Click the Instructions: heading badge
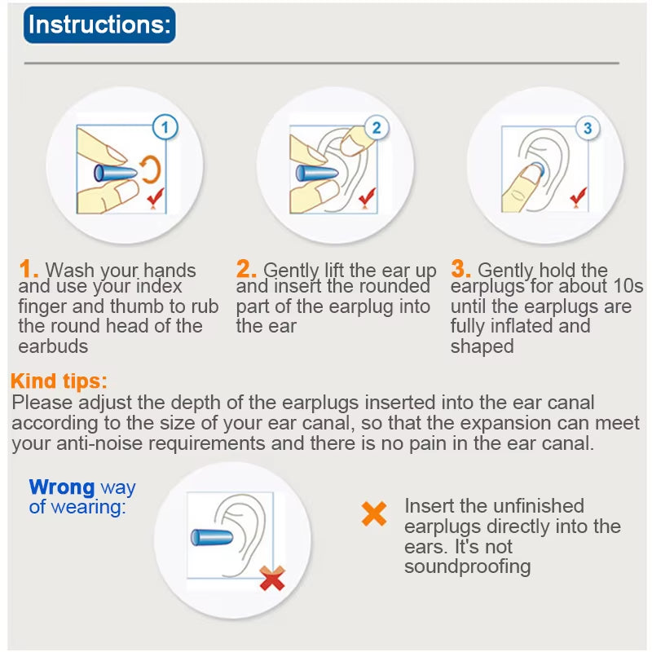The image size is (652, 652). point(99,25)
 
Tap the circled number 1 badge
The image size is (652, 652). point(165,127)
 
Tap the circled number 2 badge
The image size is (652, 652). point(376,128)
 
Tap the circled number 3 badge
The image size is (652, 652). point(588,128)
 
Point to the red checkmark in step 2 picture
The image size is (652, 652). point(368,196)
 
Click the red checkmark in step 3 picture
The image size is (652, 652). point(579,196)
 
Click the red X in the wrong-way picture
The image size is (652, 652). point(272,578)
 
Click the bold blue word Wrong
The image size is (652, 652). point(62,487)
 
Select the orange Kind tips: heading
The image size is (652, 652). point(59,381)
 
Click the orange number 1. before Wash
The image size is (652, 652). point(29,269)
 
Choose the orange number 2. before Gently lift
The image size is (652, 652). point(247,269)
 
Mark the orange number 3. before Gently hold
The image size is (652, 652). point(461,269)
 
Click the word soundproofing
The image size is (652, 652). point(467,566)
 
